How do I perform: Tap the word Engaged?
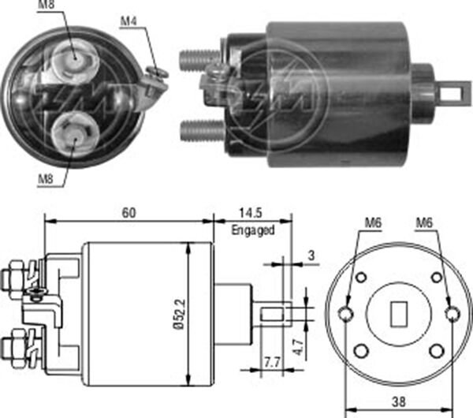pyautogui.click(x=252, y=230)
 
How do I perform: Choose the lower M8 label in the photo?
pyautogui.click(x=47, y=178)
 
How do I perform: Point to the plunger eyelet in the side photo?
pyautogui.click(x=451, y=93)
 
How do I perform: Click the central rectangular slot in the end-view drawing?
pyautogui.click(x=397, y=313)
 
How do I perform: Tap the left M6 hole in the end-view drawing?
pyautogui.click(x=345, y=313)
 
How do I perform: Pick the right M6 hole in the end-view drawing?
pyautogui.click(x=450, y=314)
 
